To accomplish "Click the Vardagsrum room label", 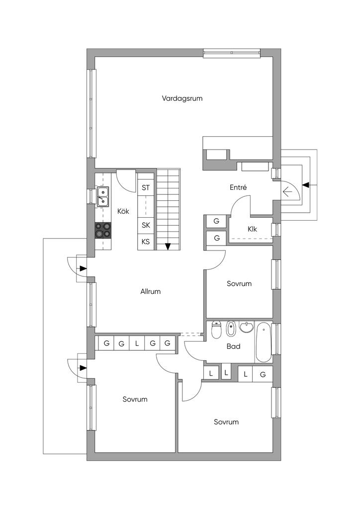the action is (182, 98).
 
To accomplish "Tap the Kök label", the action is (123, 211).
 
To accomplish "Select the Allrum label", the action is (150, 291).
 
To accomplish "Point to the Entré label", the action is (238, 187).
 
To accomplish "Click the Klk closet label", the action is (252, 229).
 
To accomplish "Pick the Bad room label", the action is (233, 346).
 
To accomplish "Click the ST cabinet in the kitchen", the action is (146, 187).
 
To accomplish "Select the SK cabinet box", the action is (146, 225).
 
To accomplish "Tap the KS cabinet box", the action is (146, 242).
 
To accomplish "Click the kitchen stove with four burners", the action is (103, 230).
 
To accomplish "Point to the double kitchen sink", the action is (103, 197).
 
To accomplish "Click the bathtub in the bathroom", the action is (263, 342).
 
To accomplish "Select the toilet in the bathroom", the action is (216, 329).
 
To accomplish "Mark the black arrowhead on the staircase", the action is (168, 247).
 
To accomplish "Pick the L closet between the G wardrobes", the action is (137, 343).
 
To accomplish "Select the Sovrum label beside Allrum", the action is (239, 283).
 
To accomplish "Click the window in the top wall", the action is (232, 53).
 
